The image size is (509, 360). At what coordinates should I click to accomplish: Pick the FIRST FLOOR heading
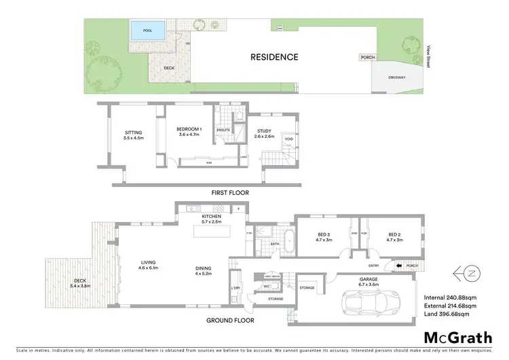[230, 193]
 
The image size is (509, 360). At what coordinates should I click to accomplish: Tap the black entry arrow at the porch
[399, 266]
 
